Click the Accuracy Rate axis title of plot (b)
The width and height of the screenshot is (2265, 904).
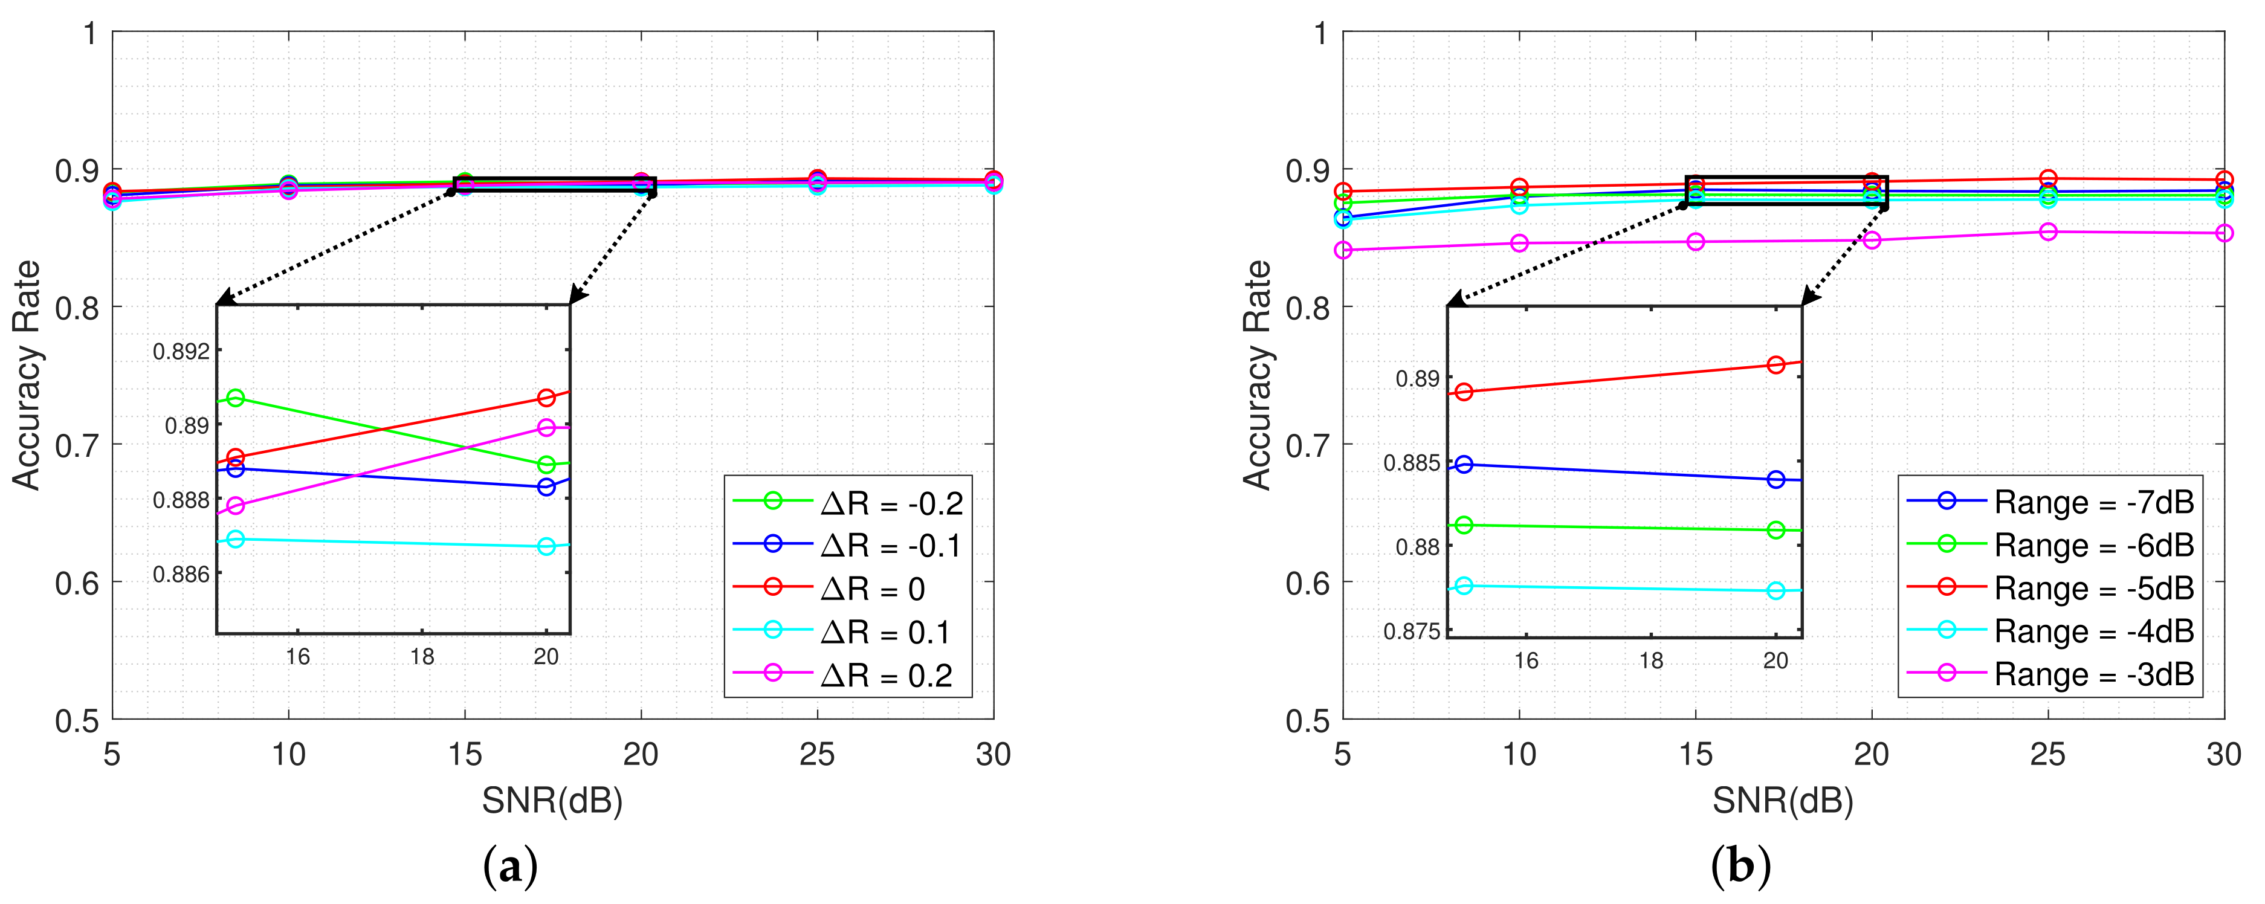click(1258, 375)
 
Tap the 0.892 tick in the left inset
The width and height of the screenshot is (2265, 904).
click(181, 352)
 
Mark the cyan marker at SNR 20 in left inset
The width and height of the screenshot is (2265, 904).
click(546, 546)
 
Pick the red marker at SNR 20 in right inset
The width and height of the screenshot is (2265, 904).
click(1775, 365)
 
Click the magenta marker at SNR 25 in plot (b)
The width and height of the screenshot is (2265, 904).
click(2048, 232)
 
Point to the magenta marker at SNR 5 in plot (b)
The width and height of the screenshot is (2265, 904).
click(1343, 251)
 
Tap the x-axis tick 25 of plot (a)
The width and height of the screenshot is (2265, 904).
click(817, 755)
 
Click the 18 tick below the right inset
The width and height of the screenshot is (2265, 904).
click(1651, 661)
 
